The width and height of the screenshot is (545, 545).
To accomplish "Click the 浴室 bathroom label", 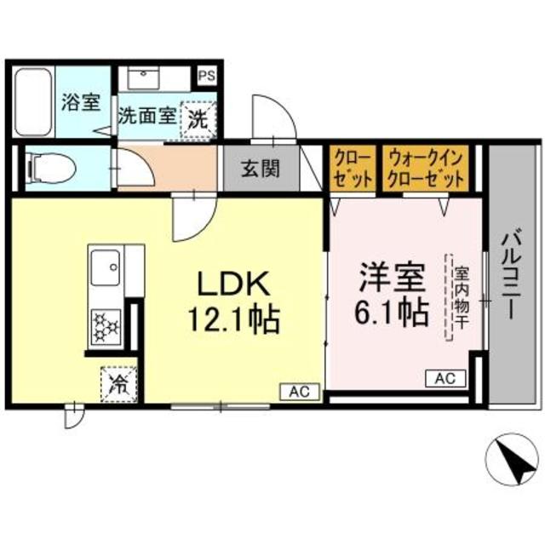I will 80,103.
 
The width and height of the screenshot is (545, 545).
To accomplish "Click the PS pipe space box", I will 207,75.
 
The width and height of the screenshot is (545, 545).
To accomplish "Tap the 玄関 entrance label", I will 259,169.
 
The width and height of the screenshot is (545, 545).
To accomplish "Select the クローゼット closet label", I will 352,168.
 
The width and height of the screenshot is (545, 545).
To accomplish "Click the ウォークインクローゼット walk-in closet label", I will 426,168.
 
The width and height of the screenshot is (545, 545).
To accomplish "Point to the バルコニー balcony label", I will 508,272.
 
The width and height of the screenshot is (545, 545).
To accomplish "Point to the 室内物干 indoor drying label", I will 461,297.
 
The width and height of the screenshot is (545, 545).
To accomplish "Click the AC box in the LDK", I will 298,392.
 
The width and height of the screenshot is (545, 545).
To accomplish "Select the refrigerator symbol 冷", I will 118,381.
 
